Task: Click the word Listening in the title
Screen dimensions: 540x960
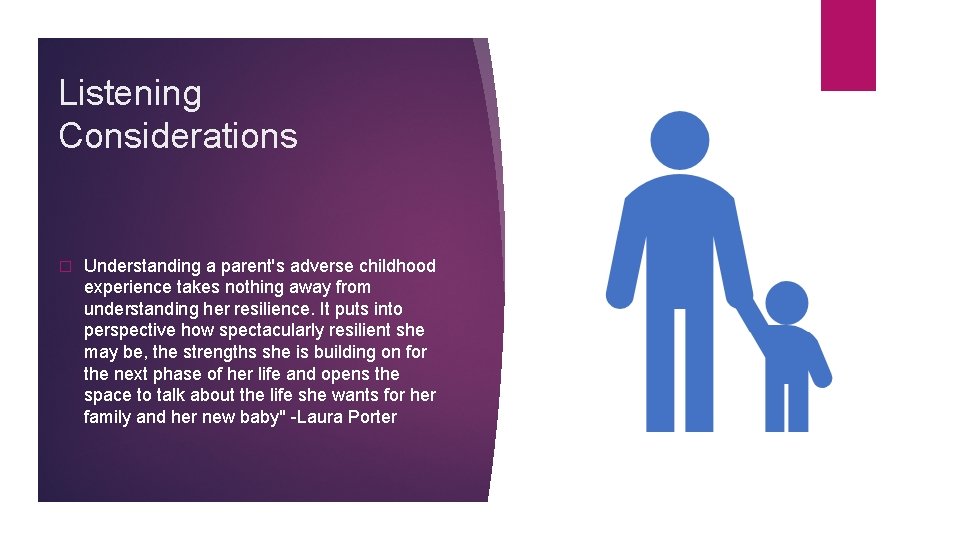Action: pyautogui.click(x=130, y=93)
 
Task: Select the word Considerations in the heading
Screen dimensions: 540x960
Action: pyautogui.click(x=178, y=136)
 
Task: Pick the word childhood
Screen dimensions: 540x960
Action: pyautogui.click(x=398, y=266)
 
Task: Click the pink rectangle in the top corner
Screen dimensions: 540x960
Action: pyautogui.click(x=848, y=45)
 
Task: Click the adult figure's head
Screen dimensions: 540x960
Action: pyautogui.click(x=680, y=140)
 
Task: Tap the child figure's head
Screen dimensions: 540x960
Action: pyautogui.click(x=787, y=302)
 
